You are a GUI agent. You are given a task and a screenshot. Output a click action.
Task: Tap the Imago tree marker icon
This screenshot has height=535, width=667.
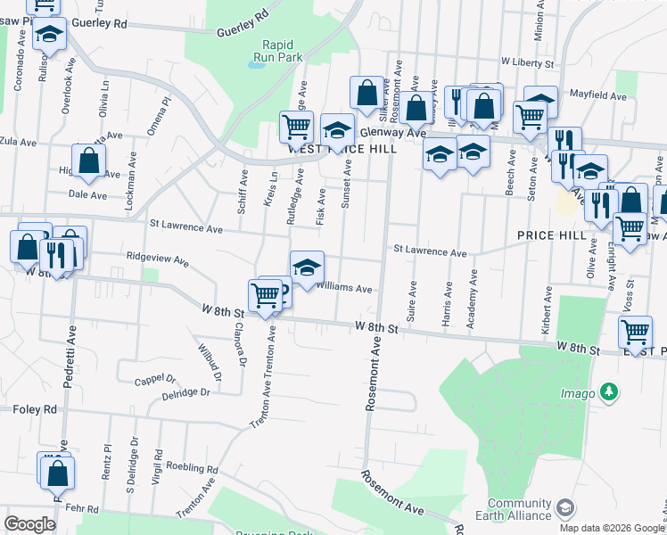tap(609, 391)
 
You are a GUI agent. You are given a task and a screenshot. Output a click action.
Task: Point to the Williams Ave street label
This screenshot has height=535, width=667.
tap(344, 289)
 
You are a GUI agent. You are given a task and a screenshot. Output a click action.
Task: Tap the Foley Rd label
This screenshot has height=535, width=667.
tap(35, 409)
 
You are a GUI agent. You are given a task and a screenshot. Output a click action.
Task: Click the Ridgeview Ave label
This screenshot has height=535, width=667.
tap(158, 262)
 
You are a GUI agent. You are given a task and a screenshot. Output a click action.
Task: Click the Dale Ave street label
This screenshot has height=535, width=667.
tap(86, 194)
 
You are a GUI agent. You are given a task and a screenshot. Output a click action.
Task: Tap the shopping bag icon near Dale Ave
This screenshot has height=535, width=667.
tap(88, 162)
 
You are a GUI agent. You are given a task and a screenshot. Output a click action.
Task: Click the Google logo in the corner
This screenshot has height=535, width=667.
tap(29, 524)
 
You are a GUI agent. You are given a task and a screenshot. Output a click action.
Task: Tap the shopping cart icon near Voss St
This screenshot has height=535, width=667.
tap(635, 332)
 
